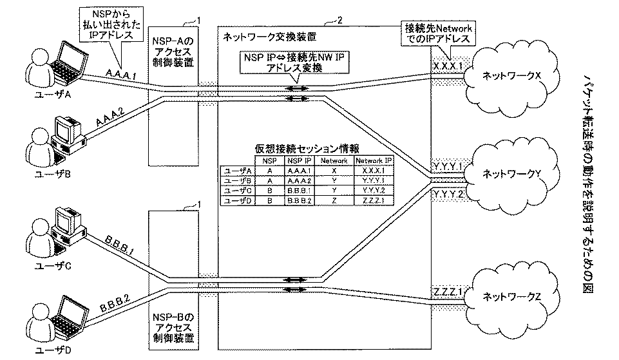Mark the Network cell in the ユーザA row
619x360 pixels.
coord(334,171)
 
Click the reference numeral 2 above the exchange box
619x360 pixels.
coord(339,21)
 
